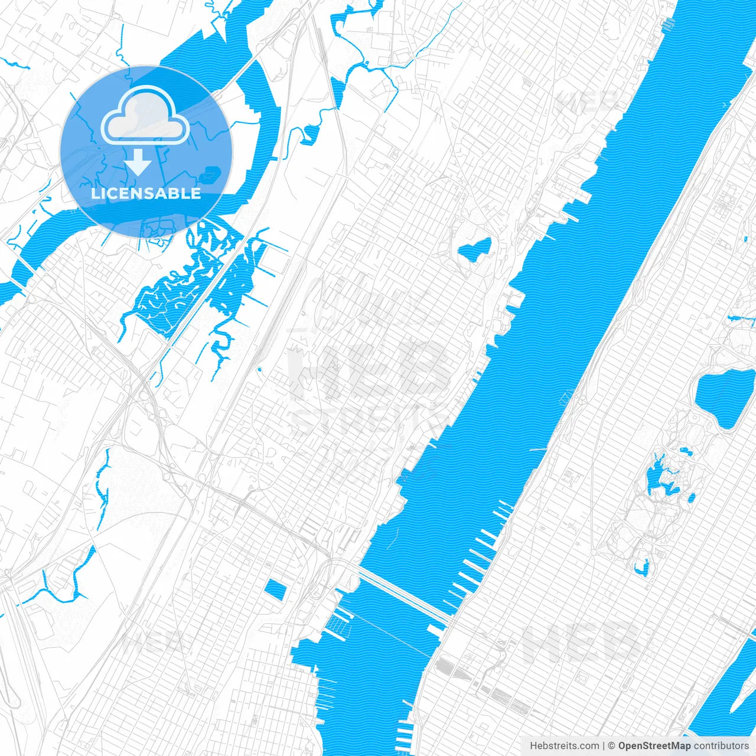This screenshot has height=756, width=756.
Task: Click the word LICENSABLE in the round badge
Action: coord(146,193)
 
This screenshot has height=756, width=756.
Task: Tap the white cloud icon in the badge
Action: coord(145,117)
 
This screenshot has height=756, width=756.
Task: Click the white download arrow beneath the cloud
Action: coord(138,162)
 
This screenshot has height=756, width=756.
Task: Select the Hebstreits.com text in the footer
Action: coord(564,746)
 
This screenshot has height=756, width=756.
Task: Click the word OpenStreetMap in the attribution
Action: coord(654,746)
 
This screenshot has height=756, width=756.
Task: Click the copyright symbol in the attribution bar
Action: coord(612,746)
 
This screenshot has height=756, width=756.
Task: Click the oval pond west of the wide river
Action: coord(474,249)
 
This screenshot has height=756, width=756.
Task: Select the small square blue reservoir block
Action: coord(275,589)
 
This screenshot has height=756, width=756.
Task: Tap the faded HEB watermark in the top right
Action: coord(588,102)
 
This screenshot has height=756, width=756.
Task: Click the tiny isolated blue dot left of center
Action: coord(259,370)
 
